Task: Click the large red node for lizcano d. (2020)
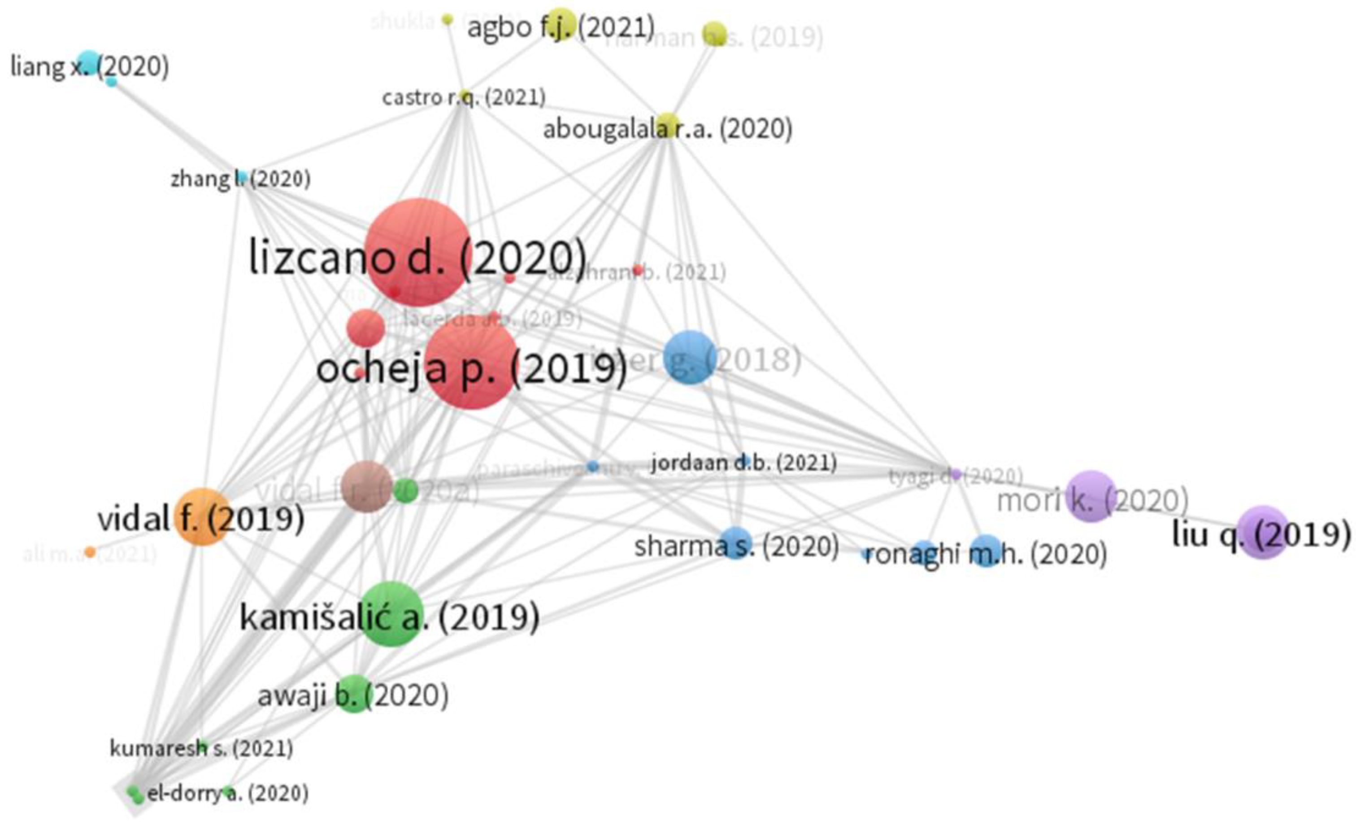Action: [x=418, y=252]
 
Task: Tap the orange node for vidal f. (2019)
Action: [x=201, y=516]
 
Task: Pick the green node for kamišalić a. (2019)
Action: [x=391, y=613]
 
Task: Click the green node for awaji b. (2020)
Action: [x=353, y=694]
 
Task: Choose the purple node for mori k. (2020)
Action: [x=1091, y=496]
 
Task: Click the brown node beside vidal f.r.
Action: [x=366, y=487]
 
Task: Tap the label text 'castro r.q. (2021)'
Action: [x=463, y=98]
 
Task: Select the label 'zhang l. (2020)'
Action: [x=240, y=179]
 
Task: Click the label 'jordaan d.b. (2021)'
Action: [x=743, y=463]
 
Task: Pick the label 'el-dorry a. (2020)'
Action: [x=227, y=793]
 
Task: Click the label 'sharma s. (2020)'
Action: [x=736, y=546]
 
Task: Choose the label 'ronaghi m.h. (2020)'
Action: [x=985, y=554]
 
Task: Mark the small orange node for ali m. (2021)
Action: [x=90, y=551]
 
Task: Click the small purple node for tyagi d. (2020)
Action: [x=956, y=474]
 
